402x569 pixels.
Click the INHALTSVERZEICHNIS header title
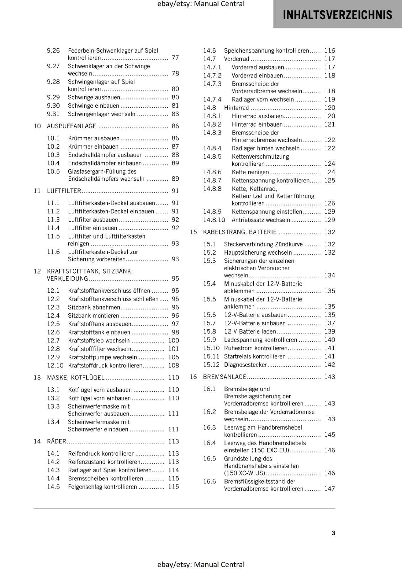point(337,15)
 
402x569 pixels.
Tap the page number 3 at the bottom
point(333,533)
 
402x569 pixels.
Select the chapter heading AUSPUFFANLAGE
point(72,126)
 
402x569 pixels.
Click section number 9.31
point(53,114)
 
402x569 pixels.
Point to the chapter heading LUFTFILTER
point(64,191)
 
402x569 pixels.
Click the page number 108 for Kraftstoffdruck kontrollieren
point(173,366)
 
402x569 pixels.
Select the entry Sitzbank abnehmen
point(94,307)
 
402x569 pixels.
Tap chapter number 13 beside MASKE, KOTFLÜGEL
point(37,378)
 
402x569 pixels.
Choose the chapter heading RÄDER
point(57,441)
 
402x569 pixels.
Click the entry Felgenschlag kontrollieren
point(102,487)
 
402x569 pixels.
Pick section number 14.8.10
point(214,220)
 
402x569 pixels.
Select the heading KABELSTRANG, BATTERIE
point(239,232)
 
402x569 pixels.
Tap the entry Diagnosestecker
point(245,365)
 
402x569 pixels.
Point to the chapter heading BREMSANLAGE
point(224,377)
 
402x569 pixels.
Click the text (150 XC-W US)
point(244,473)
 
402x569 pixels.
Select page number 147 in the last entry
point(329,489)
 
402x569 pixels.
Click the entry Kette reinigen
point(250,172)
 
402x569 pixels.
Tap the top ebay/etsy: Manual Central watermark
point(201,4)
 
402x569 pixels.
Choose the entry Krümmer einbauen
point(93,147)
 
